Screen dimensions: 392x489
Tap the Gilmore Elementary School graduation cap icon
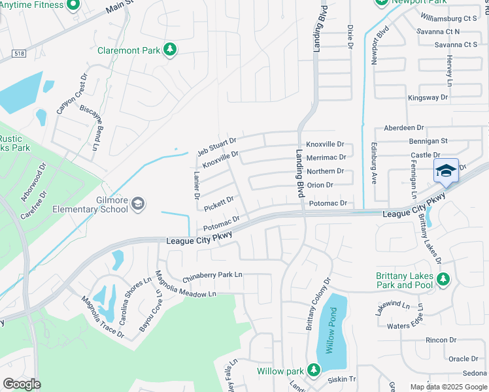point(138,204)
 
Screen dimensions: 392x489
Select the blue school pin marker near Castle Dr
point(446,171)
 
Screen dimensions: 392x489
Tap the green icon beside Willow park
point(313,371)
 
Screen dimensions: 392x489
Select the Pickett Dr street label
point(218,203)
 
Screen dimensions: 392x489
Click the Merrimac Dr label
point(326,157)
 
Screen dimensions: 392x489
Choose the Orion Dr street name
point(320,185)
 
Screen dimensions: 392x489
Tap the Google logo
point(22,384)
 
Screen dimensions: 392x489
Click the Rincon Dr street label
point(440,340)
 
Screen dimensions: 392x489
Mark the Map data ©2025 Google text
point(448,387)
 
